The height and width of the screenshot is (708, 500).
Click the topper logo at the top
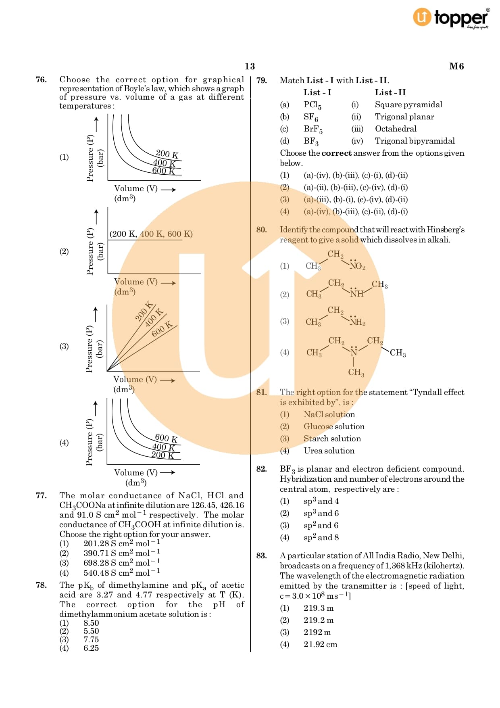pyautogui.click(x=451, y=18)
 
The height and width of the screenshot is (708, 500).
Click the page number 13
pyautogui.click(x=250, y=66)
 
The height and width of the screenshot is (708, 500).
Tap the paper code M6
pyautogui.click(x=456, y=66)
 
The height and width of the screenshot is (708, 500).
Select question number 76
pyautogui.click(x=41, y=80)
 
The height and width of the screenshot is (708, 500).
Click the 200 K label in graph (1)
pyautogui.click(x=167, y=154)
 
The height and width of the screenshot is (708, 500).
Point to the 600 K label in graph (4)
pyautogui.click(x=166, y=438)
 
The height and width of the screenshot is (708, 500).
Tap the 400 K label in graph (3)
pyautogui.click(x=154, y=317)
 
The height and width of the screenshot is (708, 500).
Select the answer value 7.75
pyautogui.click(x=91, y=639)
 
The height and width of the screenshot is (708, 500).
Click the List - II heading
pyautogui.click(x=390, y=92)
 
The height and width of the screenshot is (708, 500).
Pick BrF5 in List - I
pyautogui.click(x=313, y=129)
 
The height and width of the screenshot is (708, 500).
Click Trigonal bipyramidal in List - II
pyautogui.click(x=415, y=141)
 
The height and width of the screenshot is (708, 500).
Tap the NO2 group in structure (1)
pyautogui.click(x=357, y=266)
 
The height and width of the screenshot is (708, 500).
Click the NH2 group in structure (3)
pyautogui.click(x=357, y=322)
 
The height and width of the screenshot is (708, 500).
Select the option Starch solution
pyautogui.click(x=332, y=439)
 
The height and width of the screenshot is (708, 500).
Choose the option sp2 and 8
pyautogui.click(x=321, y=537)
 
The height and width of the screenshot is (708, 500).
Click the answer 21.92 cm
pyautogui.click(x=320, y=644)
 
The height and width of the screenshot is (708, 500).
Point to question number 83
pyautogui.click(x=261, y=556)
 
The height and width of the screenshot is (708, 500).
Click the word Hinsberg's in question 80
pyautogui.click(x=445, y=230)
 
